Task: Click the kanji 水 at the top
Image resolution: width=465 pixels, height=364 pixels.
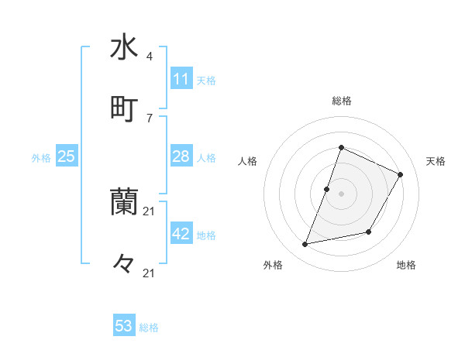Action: (124, 46)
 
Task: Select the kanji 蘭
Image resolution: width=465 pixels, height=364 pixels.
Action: (124, 203)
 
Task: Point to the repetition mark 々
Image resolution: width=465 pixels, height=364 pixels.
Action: (124, 264)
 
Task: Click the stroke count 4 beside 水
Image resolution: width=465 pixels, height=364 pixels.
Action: (149, 57)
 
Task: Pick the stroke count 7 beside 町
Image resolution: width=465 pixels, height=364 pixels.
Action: (149, 118)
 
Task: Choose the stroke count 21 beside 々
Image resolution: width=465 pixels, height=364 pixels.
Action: (149, 273)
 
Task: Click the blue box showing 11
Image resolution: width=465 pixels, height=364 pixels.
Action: (181, 79)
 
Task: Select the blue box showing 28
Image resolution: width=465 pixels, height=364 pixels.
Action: (181, 156)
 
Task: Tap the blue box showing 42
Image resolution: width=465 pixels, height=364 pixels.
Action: (181, 234)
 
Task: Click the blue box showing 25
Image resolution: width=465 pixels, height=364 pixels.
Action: (66, 156)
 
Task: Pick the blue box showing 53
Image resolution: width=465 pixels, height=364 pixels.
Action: (124, 326)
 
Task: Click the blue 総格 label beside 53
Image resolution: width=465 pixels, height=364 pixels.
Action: (149, 328)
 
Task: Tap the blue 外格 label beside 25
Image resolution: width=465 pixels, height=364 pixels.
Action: (41, 158)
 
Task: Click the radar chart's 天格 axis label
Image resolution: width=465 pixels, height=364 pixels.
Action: (436, 161)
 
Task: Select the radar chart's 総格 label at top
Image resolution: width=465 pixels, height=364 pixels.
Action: (341, 101)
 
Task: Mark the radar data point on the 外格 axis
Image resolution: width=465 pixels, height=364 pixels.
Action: (305, 245)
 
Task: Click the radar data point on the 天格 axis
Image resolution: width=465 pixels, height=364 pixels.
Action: (401, 174)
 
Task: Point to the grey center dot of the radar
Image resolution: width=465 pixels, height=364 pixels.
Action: (341, 194)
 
